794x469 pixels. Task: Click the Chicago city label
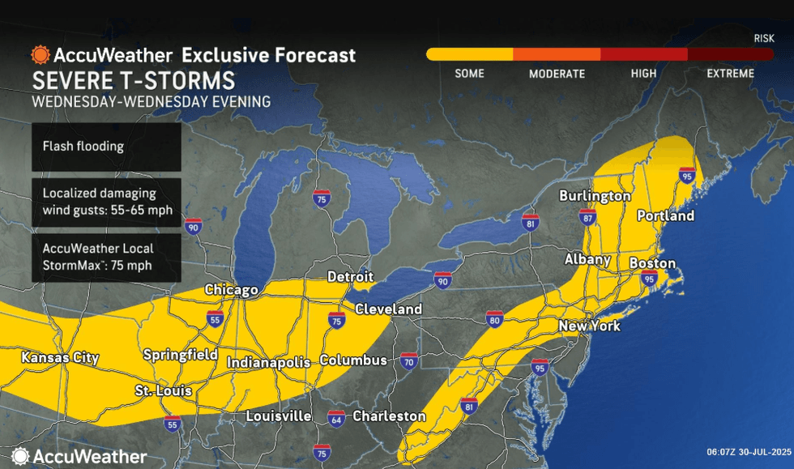coord(232,290)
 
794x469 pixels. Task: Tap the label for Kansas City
coord(60,358)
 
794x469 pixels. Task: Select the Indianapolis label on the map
coord(268,362)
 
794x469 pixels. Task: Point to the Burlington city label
coord(595,196)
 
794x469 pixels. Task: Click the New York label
coord(589,326)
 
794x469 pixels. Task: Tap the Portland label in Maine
coord(665,215)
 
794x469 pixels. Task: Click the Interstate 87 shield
coord(587,216)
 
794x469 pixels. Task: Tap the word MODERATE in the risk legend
coord(557,74)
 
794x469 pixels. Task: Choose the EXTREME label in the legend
coord(730,74)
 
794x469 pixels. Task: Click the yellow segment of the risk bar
coord(469,54)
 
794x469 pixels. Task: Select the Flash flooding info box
coord(106,147)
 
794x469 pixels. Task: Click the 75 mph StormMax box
coord(106,258)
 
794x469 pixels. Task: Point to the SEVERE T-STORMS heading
coord(134,81)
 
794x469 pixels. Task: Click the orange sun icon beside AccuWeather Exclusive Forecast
coord(41,55)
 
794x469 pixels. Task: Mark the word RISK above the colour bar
coord(763,38)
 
